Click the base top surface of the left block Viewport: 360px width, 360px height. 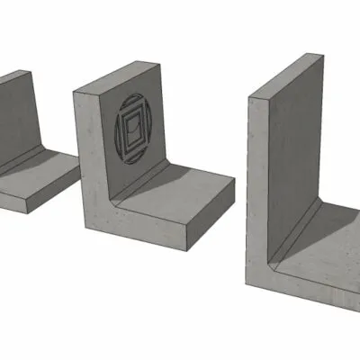[x=45, y=171]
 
